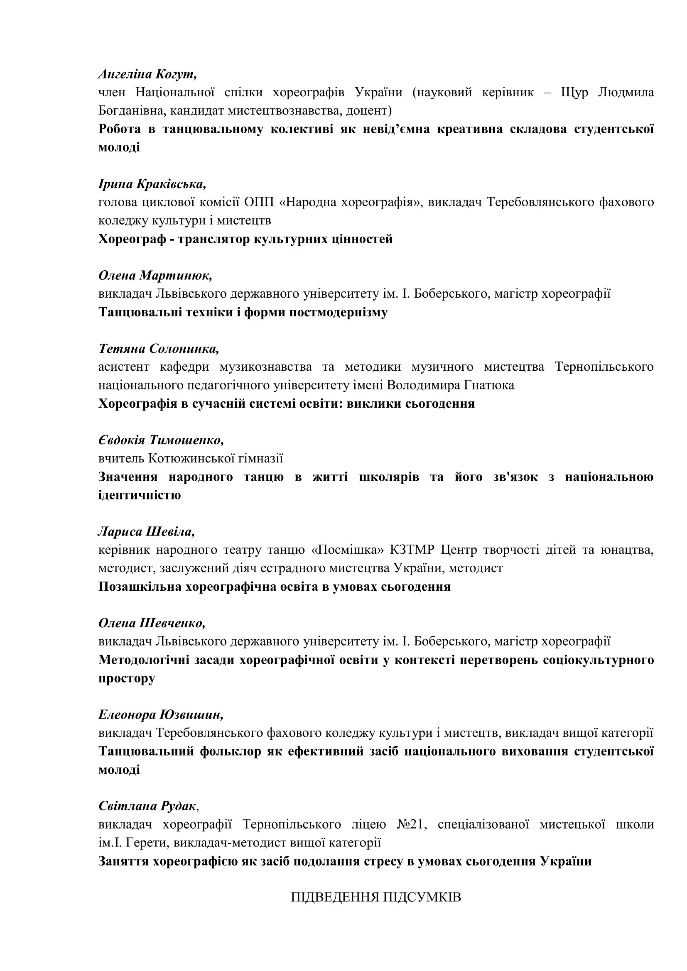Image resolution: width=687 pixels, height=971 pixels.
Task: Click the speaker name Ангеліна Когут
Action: coord(147,74)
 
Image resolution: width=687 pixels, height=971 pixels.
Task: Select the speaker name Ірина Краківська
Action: coord(152,184)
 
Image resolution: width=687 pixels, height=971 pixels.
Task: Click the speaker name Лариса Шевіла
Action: coord(146,532)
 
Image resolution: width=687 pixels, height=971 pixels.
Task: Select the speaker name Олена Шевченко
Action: coord(152,623)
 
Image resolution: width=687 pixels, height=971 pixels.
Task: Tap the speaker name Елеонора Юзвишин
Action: coord(161,715)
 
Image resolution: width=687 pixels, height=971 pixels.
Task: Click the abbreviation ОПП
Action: coord(259,203)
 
